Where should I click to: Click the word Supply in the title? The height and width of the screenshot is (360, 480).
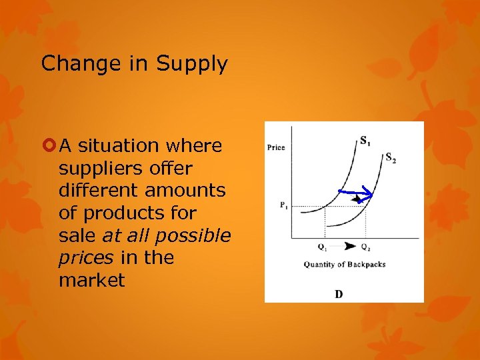(192, 64)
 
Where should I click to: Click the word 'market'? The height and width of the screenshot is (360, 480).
(91, 280)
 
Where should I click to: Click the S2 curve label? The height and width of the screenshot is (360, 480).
(390, 158)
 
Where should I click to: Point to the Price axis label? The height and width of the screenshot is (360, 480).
(276, 147)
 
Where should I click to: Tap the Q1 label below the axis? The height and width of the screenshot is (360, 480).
(323, 247)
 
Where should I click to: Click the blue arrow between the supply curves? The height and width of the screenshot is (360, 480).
(355, 193)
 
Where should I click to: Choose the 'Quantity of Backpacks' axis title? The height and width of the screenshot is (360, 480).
(344, 265)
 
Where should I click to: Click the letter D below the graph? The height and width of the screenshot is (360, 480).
(339, 294)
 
